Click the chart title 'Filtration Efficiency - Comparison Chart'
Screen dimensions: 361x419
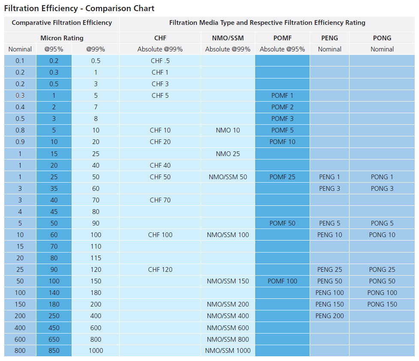(79, 8)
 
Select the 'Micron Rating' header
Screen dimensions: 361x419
(62, 38)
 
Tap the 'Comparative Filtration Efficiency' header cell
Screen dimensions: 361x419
(62, 23)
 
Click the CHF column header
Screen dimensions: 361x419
(160, 38)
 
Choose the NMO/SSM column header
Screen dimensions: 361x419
(228, 38)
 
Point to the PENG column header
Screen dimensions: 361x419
(329, 38)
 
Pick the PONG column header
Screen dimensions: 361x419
(382, 38)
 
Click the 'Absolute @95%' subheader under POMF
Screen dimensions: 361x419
(282, 49)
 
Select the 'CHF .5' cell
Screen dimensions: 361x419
(160, 61)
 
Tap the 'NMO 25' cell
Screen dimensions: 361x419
(228, 153)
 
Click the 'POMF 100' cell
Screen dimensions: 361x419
(282, 281)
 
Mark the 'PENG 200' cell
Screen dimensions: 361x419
(329, 316)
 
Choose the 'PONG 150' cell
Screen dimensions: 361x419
(382, 304)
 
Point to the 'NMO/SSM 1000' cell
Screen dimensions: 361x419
(228, 351)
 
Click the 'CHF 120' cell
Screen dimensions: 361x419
(160, 270)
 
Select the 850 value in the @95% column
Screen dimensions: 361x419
(54, 351)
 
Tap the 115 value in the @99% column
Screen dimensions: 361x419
(96, 258)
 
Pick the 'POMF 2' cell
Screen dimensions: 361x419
(282, 107)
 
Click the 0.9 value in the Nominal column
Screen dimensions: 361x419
(20, 142)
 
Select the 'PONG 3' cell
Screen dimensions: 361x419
(382, 189)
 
